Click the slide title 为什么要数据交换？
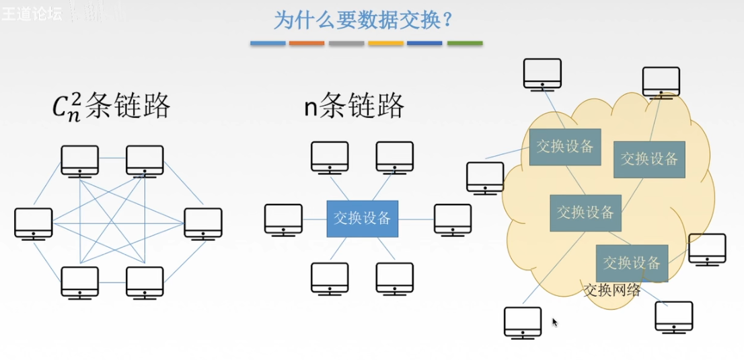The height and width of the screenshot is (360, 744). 362,20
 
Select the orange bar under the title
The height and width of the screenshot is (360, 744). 307,44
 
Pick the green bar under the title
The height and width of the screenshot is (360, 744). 465,44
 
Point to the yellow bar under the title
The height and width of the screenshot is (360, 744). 386,44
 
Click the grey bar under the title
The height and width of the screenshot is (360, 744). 346,44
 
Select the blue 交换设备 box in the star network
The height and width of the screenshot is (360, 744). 362,218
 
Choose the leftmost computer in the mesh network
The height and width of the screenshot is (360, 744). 34,223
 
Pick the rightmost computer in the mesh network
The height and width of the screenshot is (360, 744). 203,223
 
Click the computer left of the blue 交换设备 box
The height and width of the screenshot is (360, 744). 283,219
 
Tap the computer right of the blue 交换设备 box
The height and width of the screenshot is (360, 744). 453,219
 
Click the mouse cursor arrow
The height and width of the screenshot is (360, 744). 555,322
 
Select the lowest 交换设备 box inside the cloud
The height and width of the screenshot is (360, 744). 632,262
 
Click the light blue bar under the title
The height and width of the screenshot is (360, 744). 268,44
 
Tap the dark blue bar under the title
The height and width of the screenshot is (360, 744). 425,44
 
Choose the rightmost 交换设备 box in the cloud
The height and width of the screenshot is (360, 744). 649,159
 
